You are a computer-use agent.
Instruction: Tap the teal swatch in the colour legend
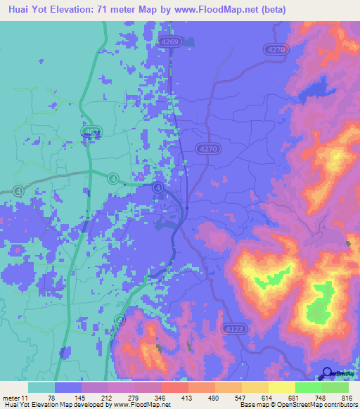click(x=41, y=388)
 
